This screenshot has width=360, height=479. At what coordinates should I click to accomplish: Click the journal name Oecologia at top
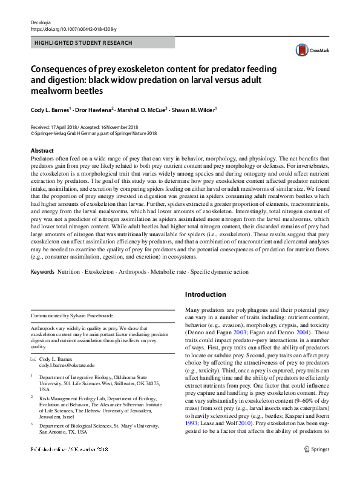40,22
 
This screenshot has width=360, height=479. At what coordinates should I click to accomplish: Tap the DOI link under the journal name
74,29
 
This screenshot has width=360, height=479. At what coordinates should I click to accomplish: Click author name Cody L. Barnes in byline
50,110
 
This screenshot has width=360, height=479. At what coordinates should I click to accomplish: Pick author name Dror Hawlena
96,110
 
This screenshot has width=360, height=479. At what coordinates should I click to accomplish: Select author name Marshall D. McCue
145,110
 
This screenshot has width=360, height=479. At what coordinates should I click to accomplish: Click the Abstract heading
42,150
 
